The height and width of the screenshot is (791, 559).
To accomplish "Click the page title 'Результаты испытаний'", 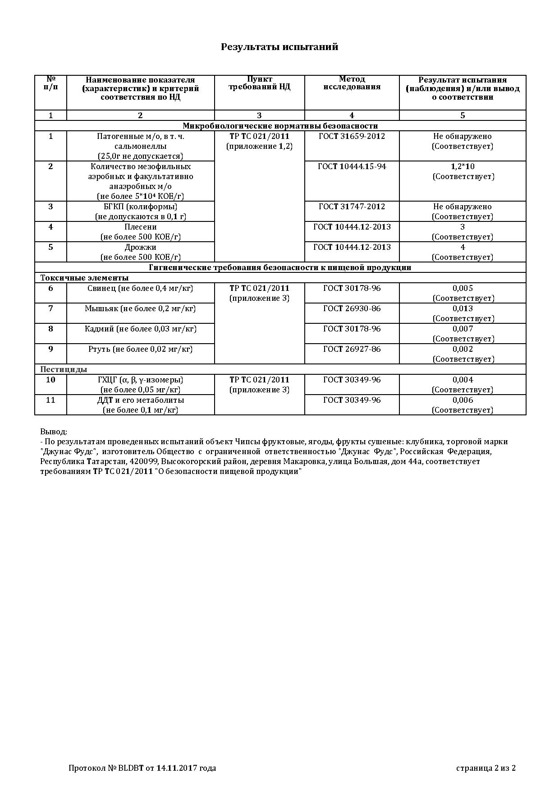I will [x=279, y=47].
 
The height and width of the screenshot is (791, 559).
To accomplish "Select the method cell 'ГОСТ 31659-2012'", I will [x=352, y=136].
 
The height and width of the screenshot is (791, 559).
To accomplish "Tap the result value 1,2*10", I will [x=463, y=166].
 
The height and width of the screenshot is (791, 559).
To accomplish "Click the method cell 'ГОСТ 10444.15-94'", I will [x=352, y=166].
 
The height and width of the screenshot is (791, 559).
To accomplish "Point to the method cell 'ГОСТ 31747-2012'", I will [x=352, y=207].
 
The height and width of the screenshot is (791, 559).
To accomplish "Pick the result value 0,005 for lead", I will [x=463, y=288].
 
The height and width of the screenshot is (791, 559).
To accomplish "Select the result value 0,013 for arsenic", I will [x=463, y=308].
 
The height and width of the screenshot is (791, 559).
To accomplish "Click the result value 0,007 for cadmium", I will [x=463, y=329].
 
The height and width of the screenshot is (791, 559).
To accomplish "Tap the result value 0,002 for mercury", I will [x=463, y=349].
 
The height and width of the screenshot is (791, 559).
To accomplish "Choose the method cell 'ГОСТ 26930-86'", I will [x=352, y=308].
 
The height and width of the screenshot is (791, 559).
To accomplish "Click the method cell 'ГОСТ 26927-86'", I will [x=352, y=349].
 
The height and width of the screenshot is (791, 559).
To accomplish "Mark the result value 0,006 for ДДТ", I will [x=463, y=400].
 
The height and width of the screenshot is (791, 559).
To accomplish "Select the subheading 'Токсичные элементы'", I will [x=84, y=278].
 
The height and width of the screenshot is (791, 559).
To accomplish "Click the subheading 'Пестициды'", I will [x=64, y=369].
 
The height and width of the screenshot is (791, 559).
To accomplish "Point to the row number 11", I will [x=50, y=400].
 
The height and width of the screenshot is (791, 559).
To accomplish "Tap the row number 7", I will [x=50, y=308].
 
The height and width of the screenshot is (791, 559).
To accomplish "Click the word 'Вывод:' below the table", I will [x=54, y=432].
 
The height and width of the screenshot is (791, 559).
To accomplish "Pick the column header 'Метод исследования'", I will [x=352, y=83].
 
